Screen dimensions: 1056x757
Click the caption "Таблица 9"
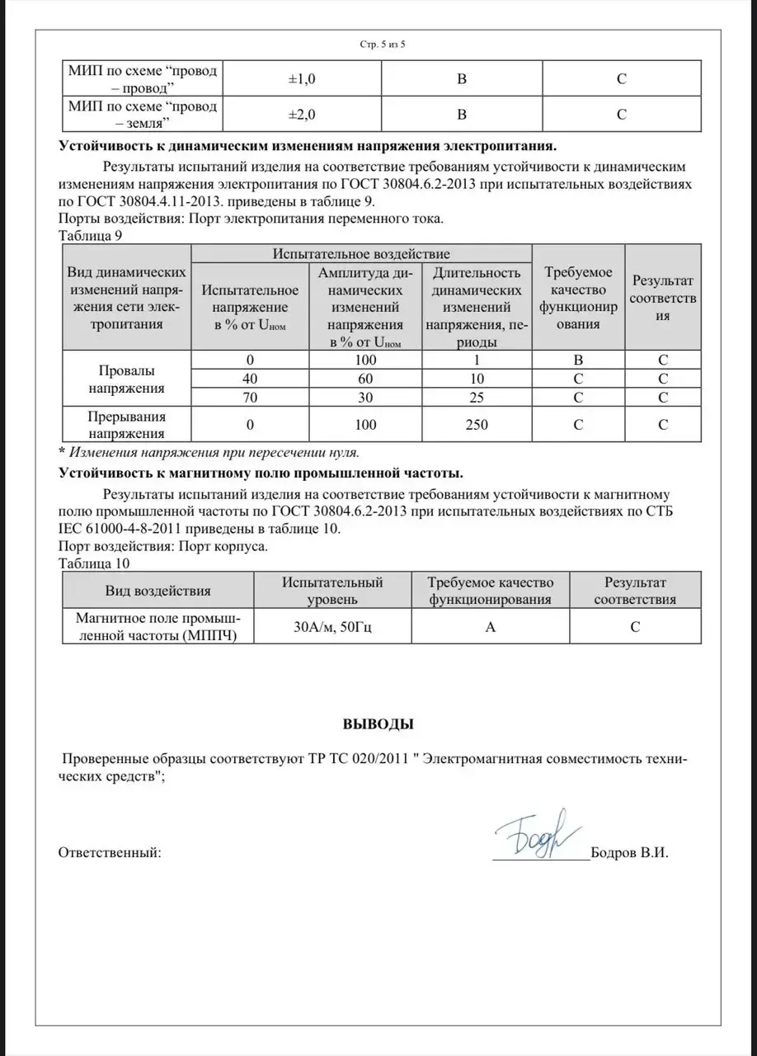(91, 234)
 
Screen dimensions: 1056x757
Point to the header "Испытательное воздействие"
(361, 254)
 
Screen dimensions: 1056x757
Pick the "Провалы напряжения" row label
(126, 379)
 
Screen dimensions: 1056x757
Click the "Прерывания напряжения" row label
(126, 425)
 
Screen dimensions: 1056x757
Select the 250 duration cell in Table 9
(476, 425)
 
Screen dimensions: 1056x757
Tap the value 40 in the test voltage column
(249, 379)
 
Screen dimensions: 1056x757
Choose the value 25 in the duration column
(476, 398)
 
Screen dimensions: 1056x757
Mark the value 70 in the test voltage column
(249, 398)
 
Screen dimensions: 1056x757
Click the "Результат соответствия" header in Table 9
(662, 298)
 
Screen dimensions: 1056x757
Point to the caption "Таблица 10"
(94, 563)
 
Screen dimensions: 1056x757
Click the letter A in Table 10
(490, 627)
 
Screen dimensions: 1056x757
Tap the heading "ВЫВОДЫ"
(378, 725)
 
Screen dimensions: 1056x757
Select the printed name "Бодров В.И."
(630, 853)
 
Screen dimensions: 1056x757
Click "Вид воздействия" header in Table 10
(158, 591)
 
